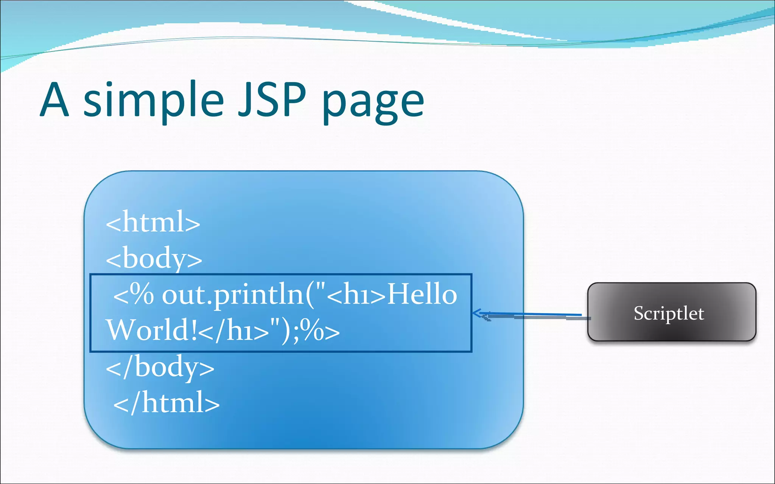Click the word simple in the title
153,100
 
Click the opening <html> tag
153,222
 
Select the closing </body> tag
160,367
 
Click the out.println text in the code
233,295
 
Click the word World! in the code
151,330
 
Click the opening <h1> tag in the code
356,295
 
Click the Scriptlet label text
669,313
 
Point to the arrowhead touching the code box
476,313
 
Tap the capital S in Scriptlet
639,313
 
